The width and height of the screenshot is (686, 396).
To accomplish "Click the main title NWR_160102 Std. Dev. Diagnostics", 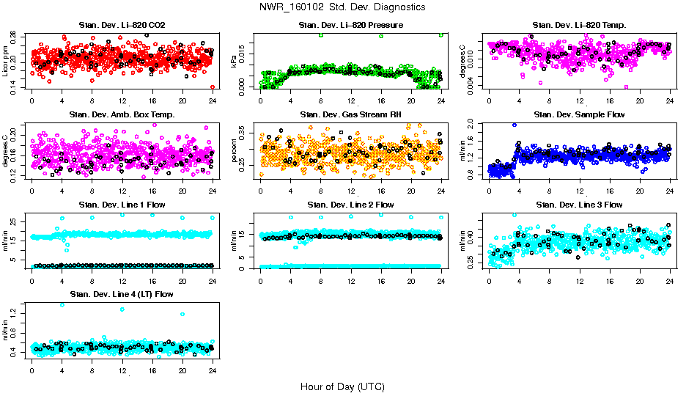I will (x=342, y=7).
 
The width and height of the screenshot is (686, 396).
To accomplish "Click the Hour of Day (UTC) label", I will (x=342, y=386).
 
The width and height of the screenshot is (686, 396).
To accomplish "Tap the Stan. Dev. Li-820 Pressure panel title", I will (x=351, y=26).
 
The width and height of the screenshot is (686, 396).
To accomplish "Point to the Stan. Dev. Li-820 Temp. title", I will (x=579, y=26).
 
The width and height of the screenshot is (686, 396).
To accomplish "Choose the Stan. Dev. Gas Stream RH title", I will (x=351, y=115).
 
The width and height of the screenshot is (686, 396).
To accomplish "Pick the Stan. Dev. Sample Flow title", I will (x=579, y=115).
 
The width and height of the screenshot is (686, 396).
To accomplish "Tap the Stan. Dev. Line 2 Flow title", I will (x=351, y=205).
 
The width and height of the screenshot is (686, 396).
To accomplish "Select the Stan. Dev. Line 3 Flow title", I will (x=579, y=205).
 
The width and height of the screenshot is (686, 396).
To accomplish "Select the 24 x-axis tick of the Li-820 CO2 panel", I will (x=213, y=100).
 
